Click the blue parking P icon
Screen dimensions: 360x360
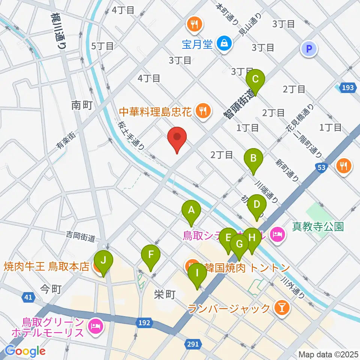pos(309,48)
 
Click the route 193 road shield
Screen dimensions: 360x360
pos(347,88)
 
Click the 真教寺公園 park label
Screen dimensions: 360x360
pos(318,226)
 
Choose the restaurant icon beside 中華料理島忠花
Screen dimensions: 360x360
pos(203,111)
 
